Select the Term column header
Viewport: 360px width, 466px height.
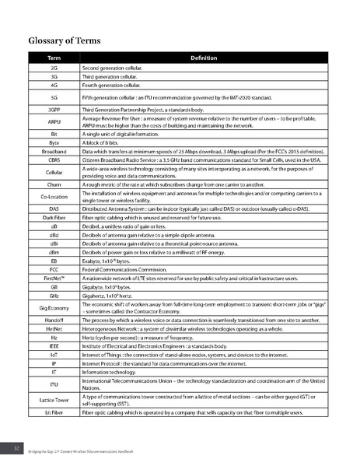pos(54,59)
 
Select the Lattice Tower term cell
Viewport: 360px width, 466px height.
pos(54,399)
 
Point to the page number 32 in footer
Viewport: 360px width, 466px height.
pos(16,449)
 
